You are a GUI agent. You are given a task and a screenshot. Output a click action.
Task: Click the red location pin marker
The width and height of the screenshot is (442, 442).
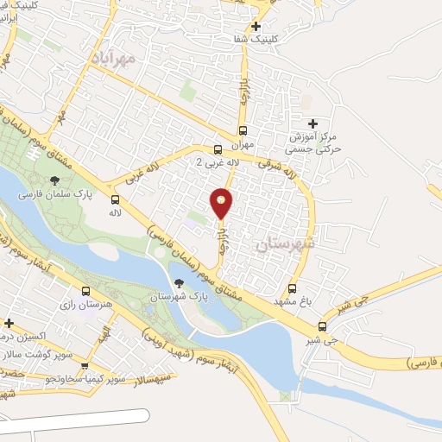(x=222, y=202)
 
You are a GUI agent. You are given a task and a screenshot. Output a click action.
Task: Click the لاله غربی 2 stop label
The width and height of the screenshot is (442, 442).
(x=212, y=162)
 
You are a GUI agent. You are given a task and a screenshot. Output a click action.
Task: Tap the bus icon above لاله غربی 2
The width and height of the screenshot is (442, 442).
(x=218, y=148)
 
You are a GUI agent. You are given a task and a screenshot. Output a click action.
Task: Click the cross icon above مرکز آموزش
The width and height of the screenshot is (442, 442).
(x=313, y=123)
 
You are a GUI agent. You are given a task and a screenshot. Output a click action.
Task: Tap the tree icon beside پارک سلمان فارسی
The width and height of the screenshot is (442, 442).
(x=55, y=180)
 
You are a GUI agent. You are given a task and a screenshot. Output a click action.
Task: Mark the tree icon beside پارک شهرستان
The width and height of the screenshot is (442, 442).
(x=179, y=282)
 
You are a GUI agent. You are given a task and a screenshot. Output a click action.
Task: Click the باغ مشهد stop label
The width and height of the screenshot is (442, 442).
(x=291, y=302)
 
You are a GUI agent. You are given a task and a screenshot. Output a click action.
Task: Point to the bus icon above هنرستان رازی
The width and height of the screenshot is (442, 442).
(x=85, y=291)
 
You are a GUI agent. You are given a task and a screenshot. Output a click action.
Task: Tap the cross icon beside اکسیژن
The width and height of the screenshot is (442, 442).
(x=9, y=324)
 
